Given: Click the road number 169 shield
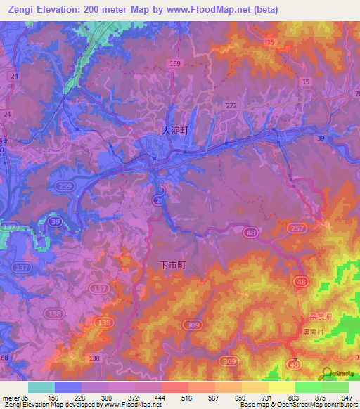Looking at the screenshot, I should (175, 64).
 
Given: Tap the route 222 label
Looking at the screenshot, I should (231, 105).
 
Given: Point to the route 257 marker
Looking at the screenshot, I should (295, 228).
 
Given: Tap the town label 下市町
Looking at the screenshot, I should (172, 265).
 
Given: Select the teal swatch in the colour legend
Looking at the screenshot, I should (41, 387).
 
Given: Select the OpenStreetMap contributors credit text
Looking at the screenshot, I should (312, 405).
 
